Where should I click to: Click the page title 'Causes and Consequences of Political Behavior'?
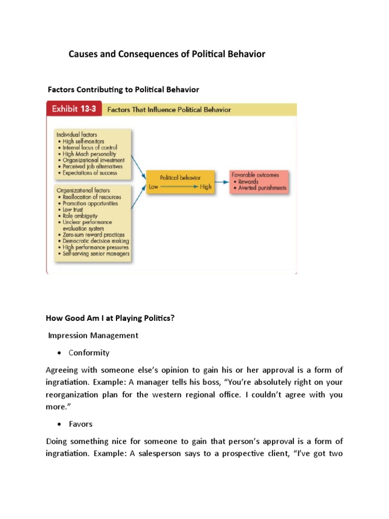(167, 54)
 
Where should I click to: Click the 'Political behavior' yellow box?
(180, 182)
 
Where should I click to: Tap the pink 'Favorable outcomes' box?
(259, 181)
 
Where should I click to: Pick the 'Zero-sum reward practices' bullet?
(94, 235)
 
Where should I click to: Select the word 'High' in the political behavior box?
(206, 187)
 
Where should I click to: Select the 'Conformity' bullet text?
(89, 353)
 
